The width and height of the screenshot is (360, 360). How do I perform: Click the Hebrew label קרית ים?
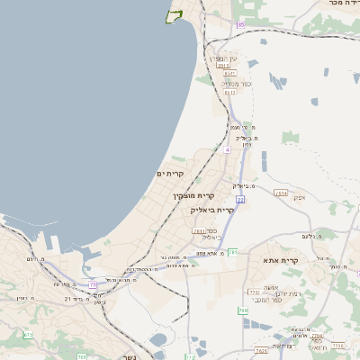pyautogui.click(x=170, y=173)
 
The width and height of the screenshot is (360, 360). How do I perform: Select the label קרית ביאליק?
pyautogui.click(x=212, y=210)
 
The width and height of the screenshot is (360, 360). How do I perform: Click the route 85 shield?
pyautogui.click(x=240, y=24)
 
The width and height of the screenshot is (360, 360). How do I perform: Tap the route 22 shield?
pyautogui.click(x=240, y=199)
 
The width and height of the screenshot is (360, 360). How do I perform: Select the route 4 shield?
pyautogui.click(x=227, y=150)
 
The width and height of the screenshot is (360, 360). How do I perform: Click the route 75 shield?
pyautogui.click(x=93, y=284)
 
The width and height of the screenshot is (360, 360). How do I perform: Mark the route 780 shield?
pyautogui.click(x=243, y=310)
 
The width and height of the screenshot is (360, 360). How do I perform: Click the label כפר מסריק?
pyautogui.click(x=230, y=83)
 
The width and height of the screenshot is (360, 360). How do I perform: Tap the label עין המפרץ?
pyautogui.click(x=226, y=58)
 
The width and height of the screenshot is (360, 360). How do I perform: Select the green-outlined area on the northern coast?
pyautogui.click(x=174, y=14)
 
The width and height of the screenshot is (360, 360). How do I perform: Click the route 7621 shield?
pyautogui.click(x=262, y=350)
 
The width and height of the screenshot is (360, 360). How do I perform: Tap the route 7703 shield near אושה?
pyautogui.click(x=254, y=292)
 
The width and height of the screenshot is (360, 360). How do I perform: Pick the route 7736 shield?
pyautogui.click(x=337, y=345)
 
